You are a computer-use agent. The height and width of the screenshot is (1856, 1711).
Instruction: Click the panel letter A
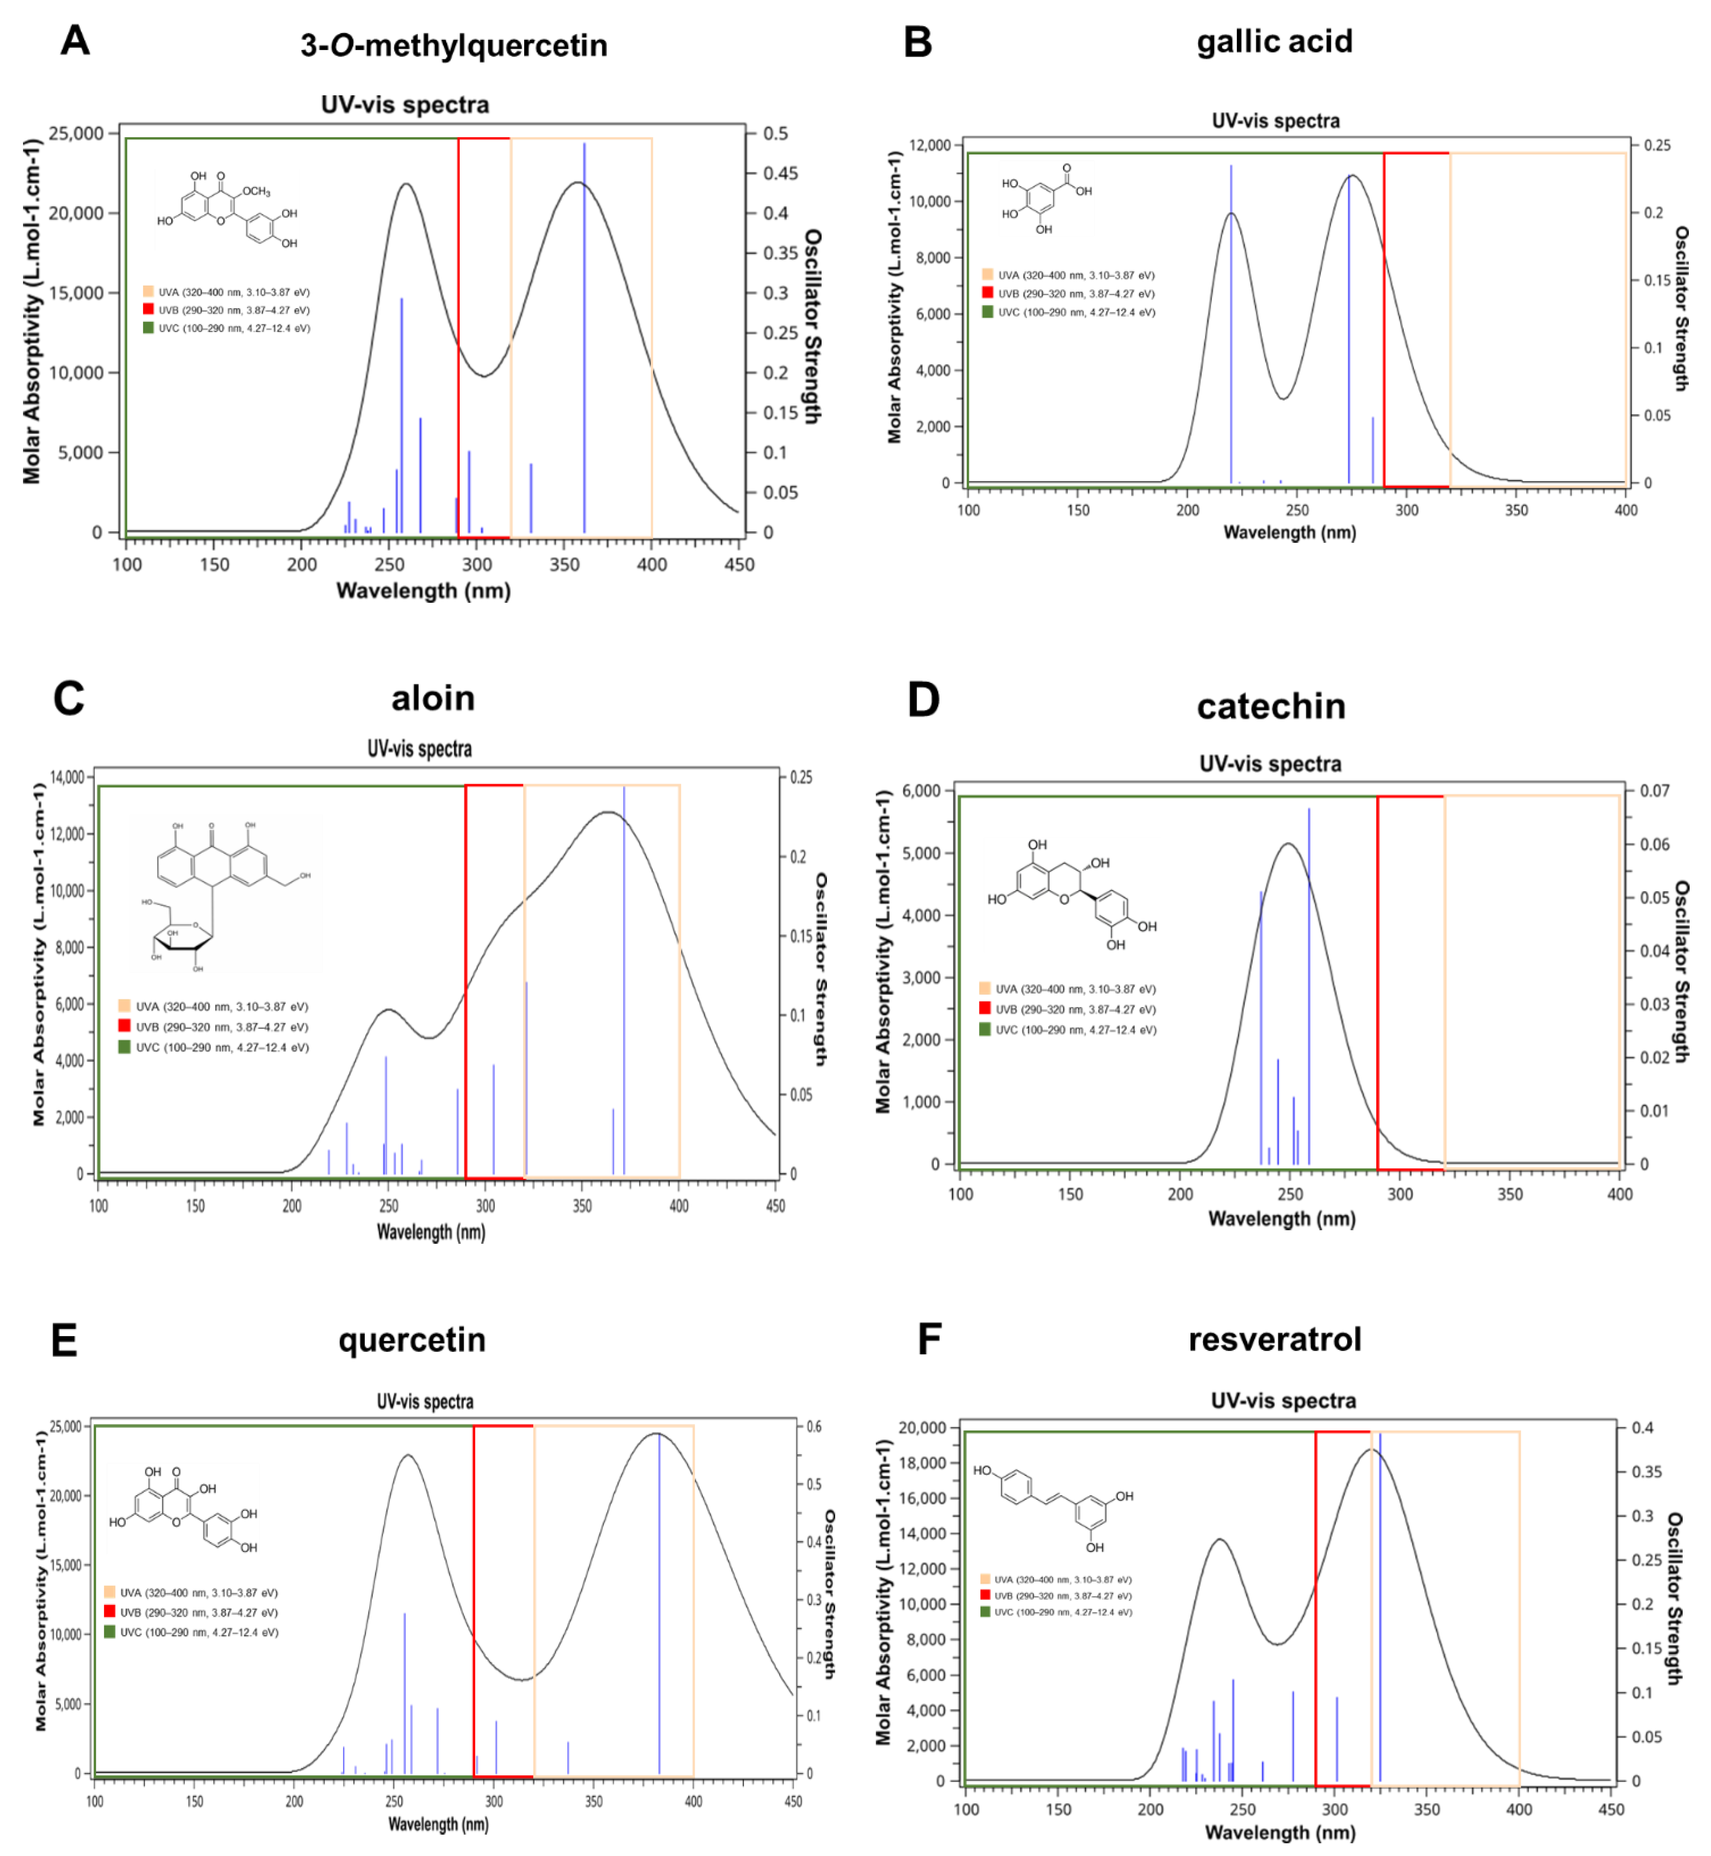75,41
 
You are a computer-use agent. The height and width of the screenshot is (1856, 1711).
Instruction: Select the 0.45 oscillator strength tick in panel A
781,173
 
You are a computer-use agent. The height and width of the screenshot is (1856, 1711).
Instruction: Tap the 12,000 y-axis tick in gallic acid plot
930,145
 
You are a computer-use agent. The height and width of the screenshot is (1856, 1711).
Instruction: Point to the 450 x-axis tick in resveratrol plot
1611,1809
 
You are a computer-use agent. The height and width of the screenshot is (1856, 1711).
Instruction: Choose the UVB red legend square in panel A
148,309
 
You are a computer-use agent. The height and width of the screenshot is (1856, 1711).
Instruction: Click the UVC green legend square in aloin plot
124,1047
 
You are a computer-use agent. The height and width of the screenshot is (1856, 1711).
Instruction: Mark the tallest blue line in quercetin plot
659,1602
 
